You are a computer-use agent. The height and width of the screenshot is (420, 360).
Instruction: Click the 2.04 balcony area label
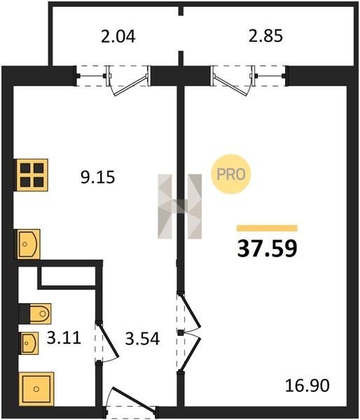118,36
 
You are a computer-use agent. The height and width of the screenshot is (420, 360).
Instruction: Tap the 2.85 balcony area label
265,36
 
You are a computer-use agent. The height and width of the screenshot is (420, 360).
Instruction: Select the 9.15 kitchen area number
98,177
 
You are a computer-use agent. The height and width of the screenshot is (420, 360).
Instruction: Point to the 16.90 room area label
307,386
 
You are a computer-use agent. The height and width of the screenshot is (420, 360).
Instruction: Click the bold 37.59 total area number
268,248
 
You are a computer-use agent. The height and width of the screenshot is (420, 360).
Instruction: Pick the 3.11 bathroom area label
64,337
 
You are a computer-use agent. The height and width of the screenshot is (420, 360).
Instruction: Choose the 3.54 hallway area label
143,339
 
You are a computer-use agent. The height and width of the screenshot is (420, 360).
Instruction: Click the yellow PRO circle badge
231,174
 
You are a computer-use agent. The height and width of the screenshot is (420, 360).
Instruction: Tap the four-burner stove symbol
32,175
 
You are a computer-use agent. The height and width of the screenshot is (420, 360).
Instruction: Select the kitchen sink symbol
29,244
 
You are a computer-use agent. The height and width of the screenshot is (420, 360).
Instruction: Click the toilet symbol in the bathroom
40,314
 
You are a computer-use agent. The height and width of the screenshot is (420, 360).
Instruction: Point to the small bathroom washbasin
30,343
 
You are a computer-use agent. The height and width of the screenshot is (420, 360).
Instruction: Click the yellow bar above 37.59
268,228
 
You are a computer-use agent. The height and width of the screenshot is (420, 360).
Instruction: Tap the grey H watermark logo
179,206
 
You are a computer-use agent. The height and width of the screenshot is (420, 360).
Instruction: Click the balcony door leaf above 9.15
131,85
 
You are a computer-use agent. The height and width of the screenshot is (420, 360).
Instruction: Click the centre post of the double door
181,332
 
